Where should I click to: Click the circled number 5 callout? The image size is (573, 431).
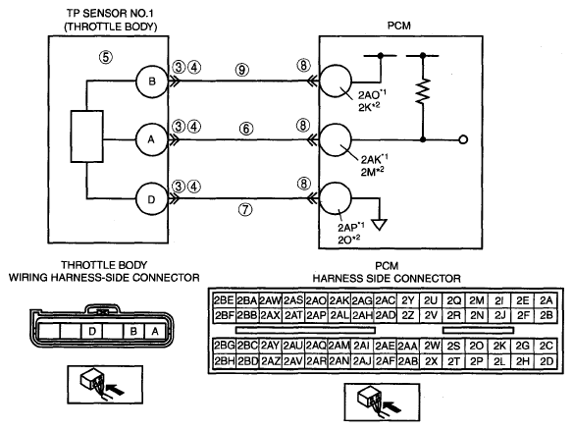[106, 57]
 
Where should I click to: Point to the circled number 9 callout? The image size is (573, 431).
[242, 70]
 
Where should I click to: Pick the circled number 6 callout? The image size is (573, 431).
[246, 129]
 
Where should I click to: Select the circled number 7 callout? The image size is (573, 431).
[245, 209]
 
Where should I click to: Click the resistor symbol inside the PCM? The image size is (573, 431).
[423, 90]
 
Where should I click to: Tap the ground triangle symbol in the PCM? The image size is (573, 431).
[380, 225]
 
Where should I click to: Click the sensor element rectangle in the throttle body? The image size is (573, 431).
[87, 136]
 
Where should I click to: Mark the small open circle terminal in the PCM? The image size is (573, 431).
[463, 139]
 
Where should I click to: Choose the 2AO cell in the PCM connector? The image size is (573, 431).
[316, 300]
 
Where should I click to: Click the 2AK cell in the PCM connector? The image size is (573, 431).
[339, 300]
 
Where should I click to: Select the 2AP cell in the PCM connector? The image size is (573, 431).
[316, 315]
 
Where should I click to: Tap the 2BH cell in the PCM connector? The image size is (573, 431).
[225, 361]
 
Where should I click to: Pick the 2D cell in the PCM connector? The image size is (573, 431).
[546, 361]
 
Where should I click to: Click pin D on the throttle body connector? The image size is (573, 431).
[92, 331]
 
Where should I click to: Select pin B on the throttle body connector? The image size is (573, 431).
[133, 331]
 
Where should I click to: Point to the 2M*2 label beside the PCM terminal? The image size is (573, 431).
[373, 172]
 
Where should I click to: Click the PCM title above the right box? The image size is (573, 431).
[399, 26]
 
